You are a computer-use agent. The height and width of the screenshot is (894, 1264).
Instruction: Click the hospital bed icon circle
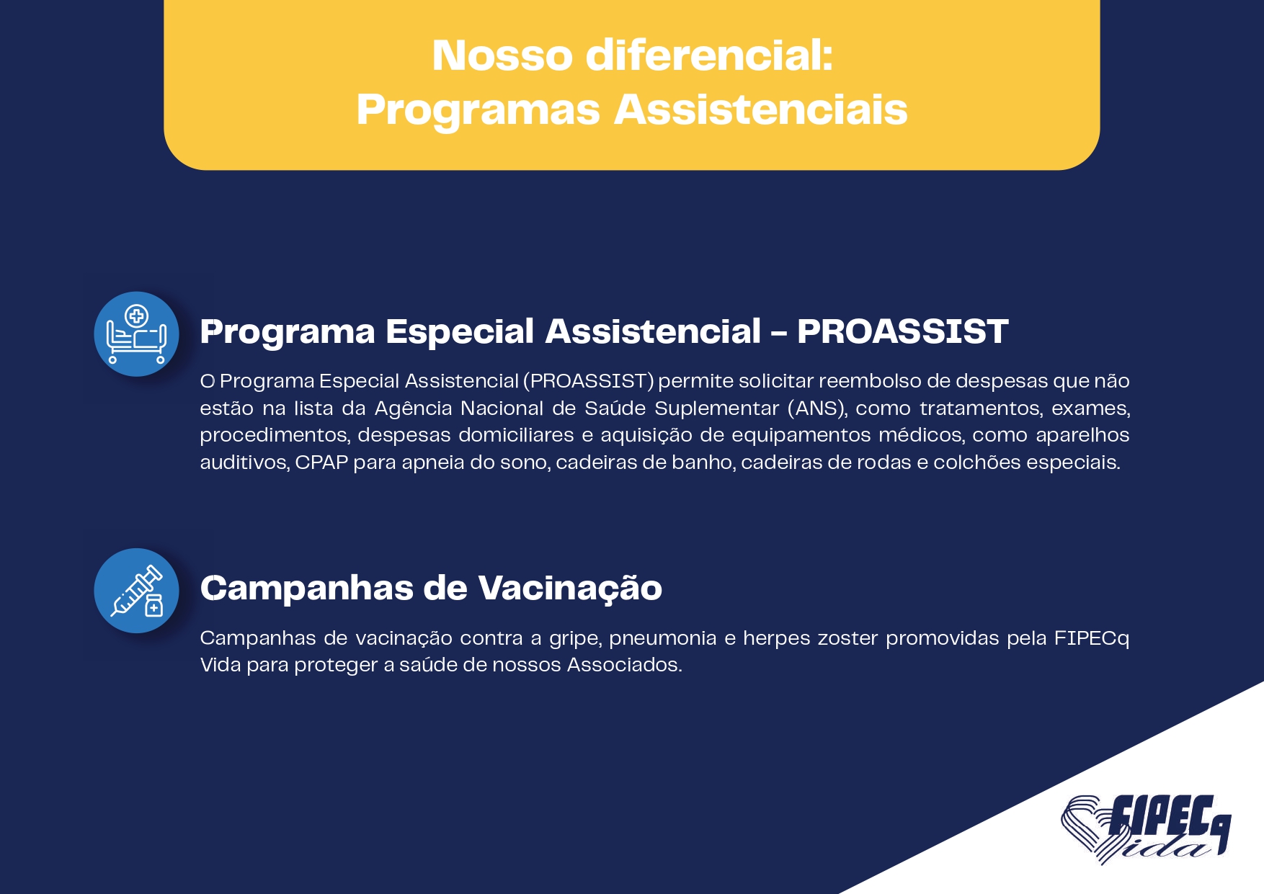click(136, 334)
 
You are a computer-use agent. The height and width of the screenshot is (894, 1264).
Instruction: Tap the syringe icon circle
click(136, 591)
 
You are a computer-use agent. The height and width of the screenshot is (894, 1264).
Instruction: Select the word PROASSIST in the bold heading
click(902, 332)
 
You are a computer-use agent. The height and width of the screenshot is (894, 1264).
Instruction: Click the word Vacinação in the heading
click(570, 589)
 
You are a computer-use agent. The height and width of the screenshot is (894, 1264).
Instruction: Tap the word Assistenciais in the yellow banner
click(761, 110)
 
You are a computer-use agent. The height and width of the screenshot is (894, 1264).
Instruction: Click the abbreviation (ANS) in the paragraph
click(817, 408)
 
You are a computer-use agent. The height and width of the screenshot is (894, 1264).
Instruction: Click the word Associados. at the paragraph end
click(624, 665)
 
